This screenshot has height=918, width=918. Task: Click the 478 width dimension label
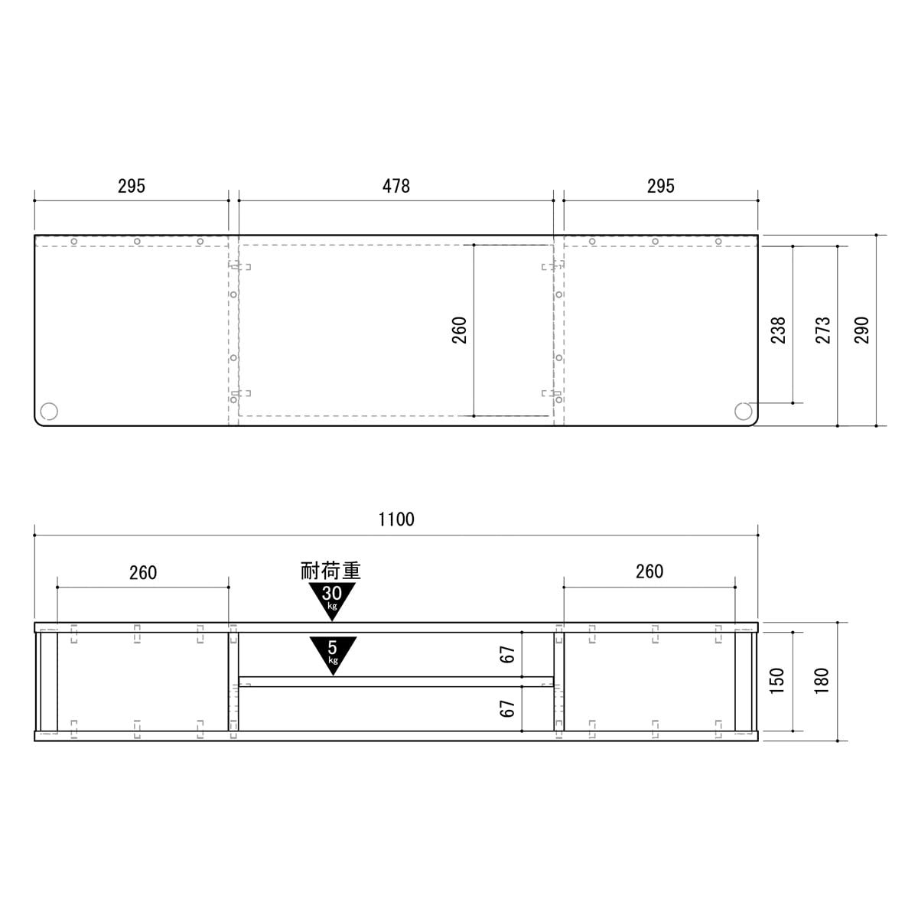[x=396, y=186]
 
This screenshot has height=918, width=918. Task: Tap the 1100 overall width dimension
[x=396, y=519]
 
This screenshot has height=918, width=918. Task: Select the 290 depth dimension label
[x=861, y=330]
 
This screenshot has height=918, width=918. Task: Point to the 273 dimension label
[x=822, y=330]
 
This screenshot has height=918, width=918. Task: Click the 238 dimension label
[x=778, y=330]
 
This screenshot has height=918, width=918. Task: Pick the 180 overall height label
[x=822, y=681]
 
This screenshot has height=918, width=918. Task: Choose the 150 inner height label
[x=776, y=681]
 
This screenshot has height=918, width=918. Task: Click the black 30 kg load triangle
[x=332, y=599]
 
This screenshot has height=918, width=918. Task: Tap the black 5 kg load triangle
[x=333, y=654]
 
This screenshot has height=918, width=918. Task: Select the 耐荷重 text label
[x=330, y=571]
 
